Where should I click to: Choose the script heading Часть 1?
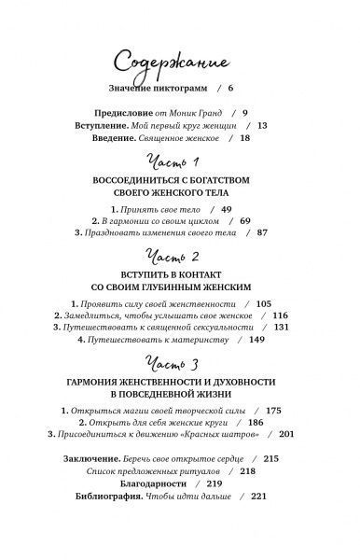pyautogui.click(x=180, y=165)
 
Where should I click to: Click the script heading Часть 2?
pyautogui.click(x=180, y=265)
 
